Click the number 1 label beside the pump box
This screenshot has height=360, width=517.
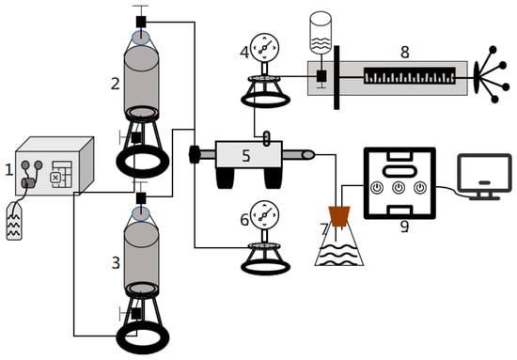(8, 170)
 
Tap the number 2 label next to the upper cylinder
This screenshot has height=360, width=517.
(115, 84)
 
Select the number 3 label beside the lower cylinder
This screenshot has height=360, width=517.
(116, 263)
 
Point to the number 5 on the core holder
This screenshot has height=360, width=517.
(246, 156)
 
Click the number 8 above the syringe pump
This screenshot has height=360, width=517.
(405, 52)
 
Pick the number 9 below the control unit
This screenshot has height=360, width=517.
(404, 227)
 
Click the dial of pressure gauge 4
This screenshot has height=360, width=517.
(264, 47)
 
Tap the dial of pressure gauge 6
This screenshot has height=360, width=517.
(264, 214)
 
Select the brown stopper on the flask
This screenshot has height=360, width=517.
(339, 216)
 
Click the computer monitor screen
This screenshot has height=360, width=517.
(485, 173)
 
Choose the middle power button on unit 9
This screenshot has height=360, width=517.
(399, 188)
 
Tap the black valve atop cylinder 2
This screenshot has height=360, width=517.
(141, 22)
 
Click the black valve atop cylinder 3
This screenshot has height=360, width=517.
(141, 197)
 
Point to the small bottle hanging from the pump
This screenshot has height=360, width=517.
(14, 221)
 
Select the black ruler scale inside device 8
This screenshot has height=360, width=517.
(410, 76)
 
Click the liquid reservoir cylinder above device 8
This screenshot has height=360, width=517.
(321, 33)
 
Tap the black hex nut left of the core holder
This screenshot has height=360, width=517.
(195, 154)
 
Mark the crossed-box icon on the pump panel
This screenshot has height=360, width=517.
(55, 178)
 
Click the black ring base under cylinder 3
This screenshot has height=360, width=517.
(143, 337)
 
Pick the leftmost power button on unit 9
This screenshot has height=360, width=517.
(377, 188)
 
